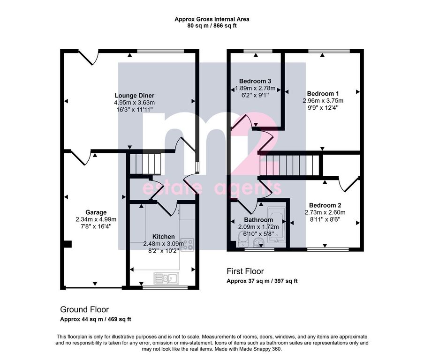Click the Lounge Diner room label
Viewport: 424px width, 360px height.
tap(135, 96)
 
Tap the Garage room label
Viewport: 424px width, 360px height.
tap(96, 212)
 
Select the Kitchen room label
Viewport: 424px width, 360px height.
tap(163, 237)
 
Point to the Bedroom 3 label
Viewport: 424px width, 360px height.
tap(255, 81)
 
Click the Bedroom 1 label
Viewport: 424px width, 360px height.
tap(323, 93)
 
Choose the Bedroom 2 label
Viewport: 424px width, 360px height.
tap(325, 205)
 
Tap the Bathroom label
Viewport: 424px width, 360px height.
tap(258, 220)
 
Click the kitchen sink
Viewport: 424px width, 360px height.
tap(167, 278)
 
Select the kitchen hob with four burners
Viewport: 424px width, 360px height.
tap(188, 244)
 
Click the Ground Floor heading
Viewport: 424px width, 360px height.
tap(84, 309)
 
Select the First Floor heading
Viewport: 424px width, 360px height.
tap(245, 271)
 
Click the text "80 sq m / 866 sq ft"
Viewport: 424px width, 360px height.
tap(212, 26)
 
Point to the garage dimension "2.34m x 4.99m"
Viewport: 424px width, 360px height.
tap(96, 219)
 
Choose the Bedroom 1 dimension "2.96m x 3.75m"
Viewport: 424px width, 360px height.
tap(323, 101)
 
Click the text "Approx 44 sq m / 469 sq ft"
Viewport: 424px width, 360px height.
tap(96, 319)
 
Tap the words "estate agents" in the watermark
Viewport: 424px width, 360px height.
tap(212, 188)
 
